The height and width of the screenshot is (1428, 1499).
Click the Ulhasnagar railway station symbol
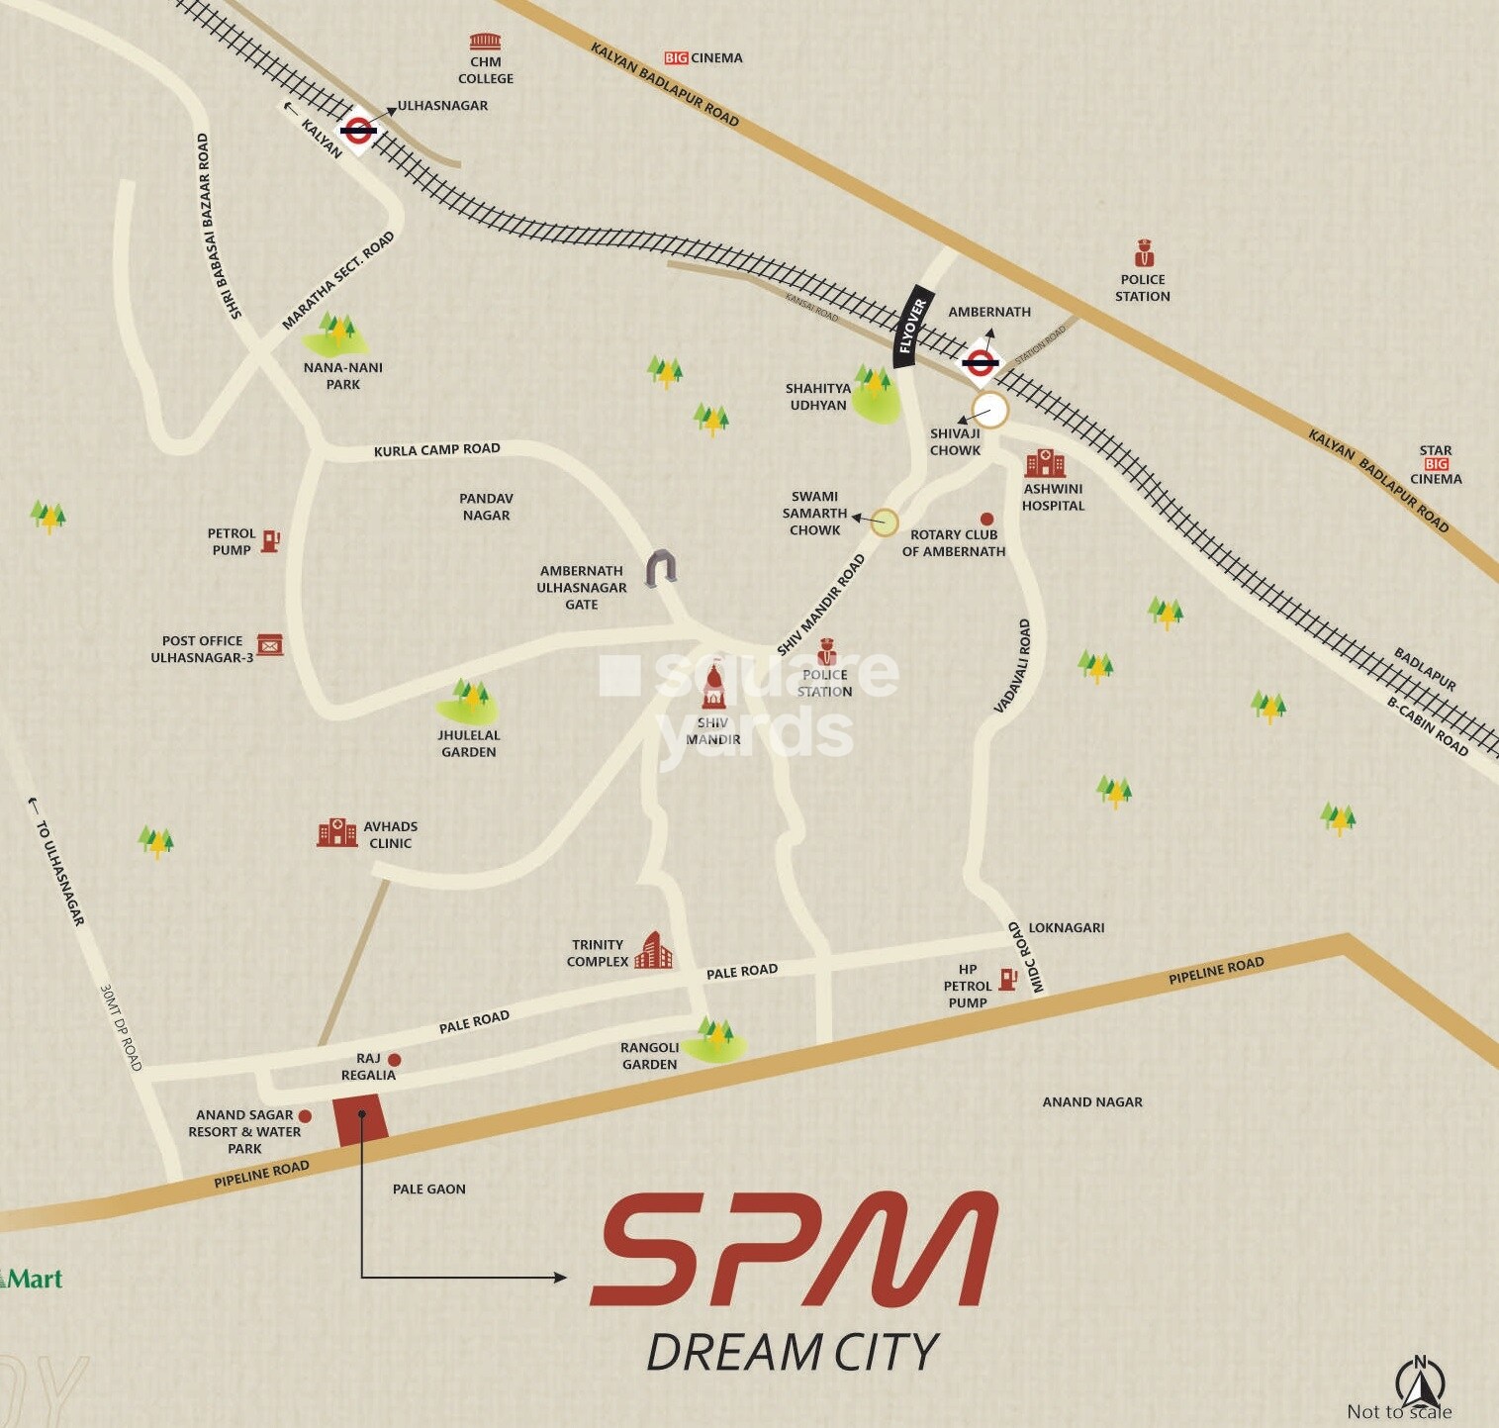(x=358, y=130)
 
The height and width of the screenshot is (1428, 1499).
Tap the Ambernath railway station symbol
(x=980, y=363)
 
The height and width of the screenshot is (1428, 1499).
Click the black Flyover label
(x=910, y=327)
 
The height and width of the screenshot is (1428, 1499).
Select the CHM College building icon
(x=485, y=42)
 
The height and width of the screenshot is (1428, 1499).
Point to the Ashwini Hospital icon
(x=1045, y=463)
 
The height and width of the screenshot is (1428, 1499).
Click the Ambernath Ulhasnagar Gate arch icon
(x=661, y=568)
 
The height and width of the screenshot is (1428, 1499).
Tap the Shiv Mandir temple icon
(x=712, y=688)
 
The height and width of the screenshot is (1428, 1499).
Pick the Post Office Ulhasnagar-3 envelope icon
(x=269, y=645)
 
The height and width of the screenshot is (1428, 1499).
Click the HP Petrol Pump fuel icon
(x=1008, y=979)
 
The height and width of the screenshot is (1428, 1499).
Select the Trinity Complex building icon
(x=653, y=950)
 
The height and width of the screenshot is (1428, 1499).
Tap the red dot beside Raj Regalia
(x=395, y=1060)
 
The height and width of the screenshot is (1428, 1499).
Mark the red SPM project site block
(x=360, y=1121)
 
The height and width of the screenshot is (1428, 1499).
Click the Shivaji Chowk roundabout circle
(x=989, y=410)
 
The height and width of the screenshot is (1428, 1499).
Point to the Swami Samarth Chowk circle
(x=885, y=523)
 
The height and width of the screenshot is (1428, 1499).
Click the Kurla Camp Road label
(x=436, y=450)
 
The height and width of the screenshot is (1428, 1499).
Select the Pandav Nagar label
(x=486, y=507)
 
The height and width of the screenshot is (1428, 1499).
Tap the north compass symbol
(x=1420, y=1380)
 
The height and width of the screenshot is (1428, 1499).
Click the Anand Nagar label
(x=1092, y=1101)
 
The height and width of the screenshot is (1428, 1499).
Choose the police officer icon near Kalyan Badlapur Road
(x=1144, y=253)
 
